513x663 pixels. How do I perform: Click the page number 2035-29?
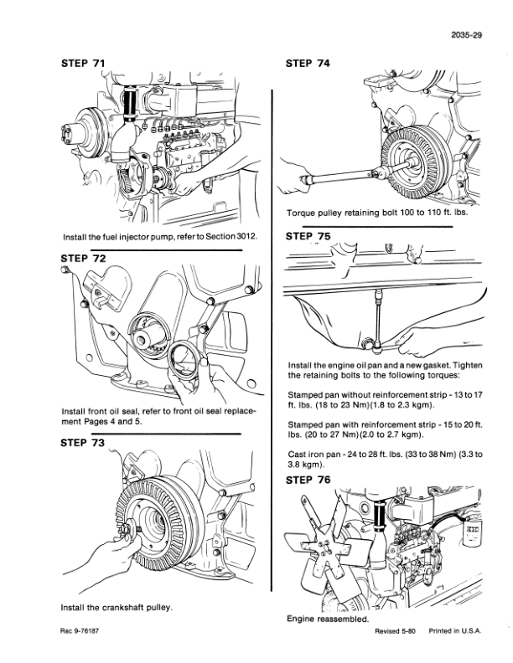[x=466, y=35]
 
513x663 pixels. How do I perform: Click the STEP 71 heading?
[x=83, y=64]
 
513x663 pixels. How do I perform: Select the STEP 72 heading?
[x=83, y=259]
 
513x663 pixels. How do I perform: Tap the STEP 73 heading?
[x=82, y=443]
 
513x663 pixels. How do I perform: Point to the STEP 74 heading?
[x=308, y=64]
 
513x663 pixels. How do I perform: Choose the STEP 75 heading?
[x=308, y=236]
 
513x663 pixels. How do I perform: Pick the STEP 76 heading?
[x=308, y=480]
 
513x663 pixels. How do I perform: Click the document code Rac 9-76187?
[x=80, y=631]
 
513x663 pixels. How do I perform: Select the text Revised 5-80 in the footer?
[x=395, y=631]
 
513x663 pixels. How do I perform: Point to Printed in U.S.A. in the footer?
[x=455, y=631]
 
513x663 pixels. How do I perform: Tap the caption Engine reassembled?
[x=328, y=619]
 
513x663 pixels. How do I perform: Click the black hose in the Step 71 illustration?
[x=130, y=104]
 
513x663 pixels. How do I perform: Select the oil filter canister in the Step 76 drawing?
[x=472, y=532]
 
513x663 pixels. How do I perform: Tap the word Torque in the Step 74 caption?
[x=300, y=213]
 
